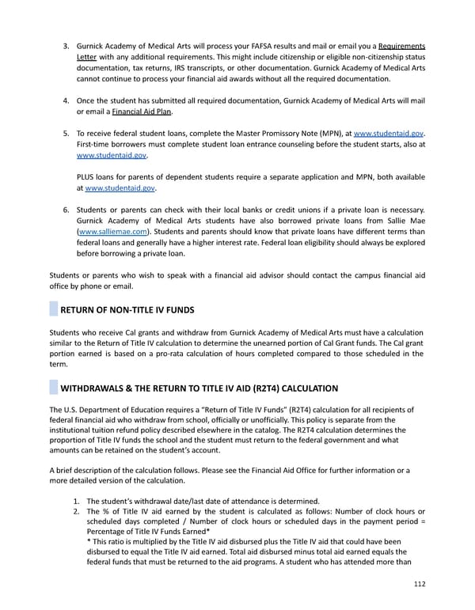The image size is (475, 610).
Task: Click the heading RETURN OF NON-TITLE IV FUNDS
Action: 127,309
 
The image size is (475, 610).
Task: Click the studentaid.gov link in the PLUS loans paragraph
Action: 120,189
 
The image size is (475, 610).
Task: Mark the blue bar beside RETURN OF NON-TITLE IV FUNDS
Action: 53,309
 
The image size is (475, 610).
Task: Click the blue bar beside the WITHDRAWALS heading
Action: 53,388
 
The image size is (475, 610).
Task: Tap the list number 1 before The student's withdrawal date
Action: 77,501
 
